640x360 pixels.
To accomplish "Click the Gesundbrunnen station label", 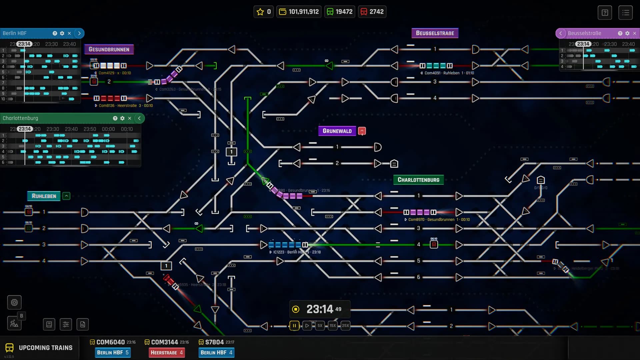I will tap(109, 49).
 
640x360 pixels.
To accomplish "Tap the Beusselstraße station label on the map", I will tap(435, 33).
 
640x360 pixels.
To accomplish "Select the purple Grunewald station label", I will tap(337, 131).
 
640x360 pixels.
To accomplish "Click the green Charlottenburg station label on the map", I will tap(418, 180).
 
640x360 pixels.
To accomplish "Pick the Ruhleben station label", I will tap(44, 196).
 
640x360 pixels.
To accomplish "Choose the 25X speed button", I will tap(345, 326).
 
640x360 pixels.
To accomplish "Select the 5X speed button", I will tap(320, 326).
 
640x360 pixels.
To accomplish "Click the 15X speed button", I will tap(332, 326).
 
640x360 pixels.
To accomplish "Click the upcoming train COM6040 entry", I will tap(110, 342).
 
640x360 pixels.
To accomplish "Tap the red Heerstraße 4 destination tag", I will tap(166, 353).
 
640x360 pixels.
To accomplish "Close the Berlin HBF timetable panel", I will tap(69, 33).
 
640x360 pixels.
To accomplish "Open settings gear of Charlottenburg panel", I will tap(122, 118).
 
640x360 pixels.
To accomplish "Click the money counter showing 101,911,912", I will tap(299, 12).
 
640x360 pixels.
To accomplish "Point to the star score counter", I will tap(264, 12).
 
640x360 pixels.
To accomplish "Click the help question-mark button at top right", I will tap(605, 13).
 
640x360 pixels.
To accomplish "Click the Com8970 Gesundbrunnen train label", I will tap(437, 220).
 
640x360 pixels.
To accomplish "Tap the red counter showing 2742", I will tap(372, 12).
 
